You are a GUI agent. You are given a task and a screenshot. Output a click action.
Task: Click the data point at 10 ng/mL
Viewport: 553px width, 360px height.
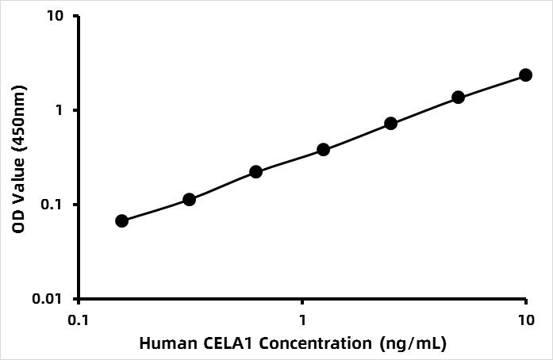[x=525, y=75]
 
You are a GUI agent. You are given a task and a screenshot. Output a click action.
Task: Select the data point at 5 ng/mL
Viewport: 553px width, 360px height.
[x=458, y=97]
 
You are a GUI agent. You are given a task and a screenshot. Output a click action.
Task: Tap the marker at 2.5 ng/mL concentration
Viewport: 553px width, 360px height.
[x=390, y=123]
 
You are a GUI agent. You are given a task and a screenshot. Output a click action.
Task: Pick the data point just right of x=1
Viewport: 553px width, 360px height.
[x=323, y=149]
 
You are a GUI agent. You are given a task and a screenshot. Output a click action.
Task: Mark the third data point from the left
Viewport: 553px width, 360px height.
[x=255, y=171]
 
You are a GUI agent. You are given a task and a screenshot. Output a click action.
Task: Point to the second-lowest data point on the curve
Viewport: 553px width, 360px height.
[x=189, y=199]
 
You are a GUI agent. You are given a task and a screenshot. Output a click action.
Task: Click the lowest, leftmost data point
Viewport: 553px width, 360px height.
[x=121, y=220]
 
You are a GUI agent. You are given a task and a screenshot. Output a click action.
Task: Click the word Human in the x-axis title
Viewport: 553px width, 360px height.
[x=164, y=344]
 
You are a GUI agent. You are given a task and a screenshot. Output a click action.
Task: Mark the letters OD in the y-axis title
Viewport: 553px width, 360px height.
[x=18, y=224]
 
